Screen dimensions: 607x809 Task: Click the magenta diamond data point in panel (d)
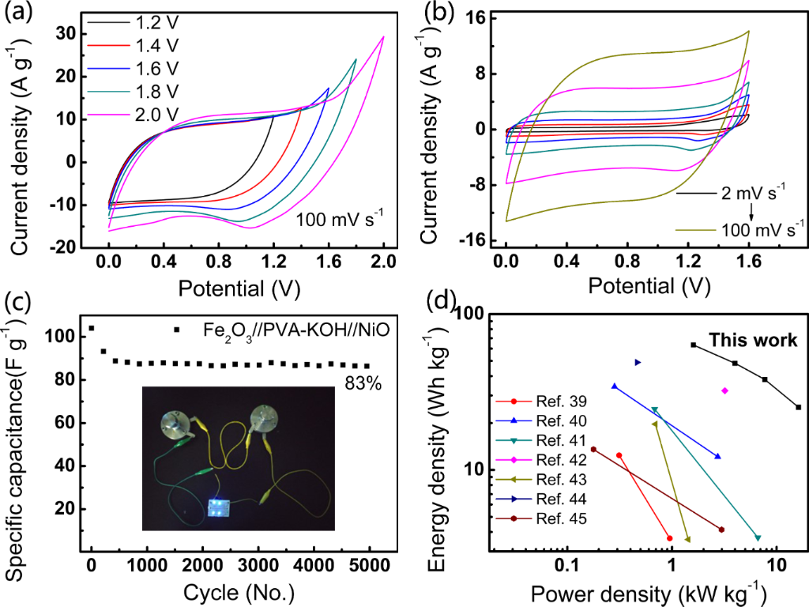pos(724,390)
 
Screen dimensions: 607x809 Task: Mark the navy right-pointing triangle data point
pos(638,363)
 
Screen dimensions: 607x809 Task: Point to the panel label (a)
pos(17,13)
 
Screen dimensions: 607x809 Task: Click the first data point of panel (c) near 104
pos(92,328)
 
